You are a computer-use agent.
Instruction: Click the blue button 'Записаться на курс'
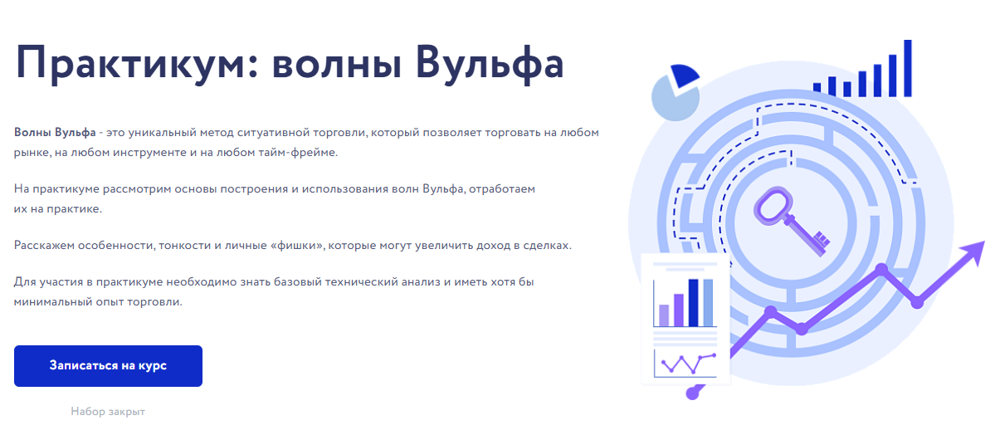(108, 365)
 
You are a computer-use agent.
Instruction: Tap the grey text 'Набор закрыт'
(108, 411)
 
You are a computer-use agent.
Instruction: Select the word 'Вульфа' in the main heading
(490, 62)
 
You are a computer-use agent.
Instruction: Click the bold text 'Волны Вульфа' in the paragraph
(55, 133)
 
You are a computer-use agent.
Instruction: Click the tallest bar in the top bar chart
(908, 68)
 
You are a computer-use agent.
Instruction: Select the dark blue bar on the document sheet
(693, 303)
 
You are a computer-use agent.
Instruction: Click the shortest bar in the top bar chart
(817, 87)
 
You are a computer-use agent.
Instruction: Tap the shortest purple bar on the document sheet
(664, 315)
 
